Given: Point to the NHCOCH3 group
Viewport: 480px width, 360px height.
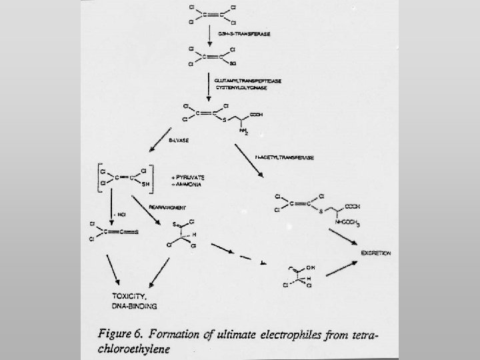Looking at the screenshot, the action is [346, 225].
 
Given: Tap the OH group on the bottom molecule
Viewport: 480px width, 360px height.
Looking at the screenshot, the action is [309, 268].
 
